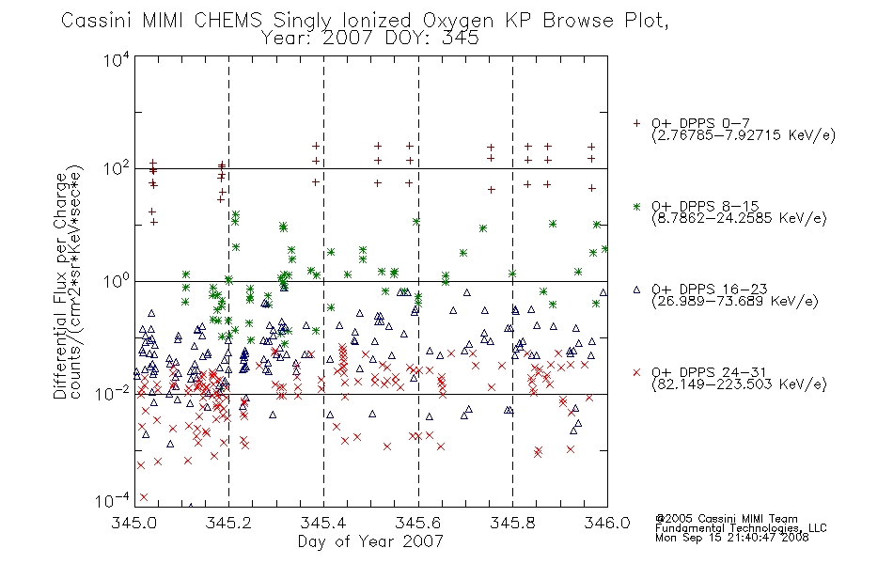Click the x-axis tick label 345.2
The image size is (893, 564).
[229, 523]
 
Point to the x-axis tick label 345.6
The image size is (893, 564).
[418, 523]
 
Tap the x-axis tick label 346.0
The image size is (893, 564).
[607, 523]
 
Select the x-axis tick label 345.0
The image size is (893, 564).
[134, 523]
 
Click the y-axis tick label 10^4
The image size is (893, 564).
[117, 59]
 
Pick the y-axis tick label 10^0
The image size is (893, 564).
[117, 281]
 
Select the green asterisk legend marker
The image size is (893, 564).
[636, 206]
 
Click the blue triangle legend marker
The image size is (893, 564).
[636, 290]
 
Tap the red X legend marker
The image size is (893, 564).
[636, 372]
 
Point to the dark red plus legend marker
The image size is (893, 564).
[636, 123]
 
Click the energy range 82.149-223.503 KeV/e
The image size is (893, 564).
[739, 384]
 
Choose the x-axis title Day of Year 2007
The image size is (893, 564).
[370, 541]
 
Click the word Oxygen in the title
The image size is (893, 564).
[459, 21]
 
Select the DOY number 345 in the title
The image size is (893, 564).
[461, 39]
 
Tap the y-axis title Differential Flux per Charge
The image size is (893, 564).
[60, 286]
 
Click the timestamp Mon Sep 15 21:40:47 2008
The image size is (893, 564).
[732, 538]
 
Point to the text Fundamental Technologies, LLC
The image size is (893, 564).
[741, 528]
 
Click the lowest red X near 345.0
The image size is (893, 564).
[144, 497]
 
